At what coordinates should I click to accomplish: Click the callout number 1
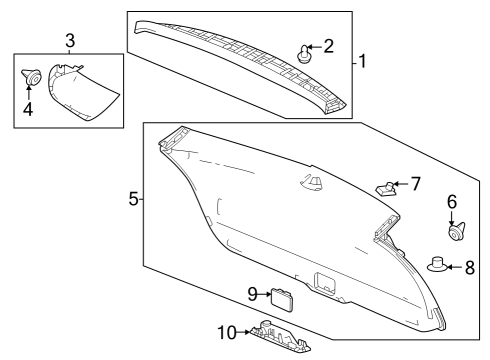[x=363, y=62]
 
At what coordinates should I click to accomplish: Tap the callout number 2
[x=328, y=46]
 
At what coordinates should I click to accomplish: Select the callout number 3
[x=70, y=40]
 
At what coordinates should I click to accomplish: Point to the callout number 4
[x=28, y=109]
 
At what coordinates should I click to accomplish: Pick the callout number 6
[x=451, y=202]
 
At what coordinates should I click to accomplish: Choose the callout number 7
[x=416, y=184]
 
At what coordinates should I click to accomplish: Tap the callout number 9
[x=254, y=293]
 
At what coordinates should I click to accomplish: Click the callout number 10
[x=225, y=330]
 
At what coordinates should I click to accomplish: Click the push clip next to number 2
[x=304, y=53]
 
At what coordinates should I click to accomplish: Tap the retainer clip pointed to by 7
[x=386, y=187]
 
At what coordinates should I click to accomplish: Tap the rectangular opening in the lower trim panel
[x=326, y=281]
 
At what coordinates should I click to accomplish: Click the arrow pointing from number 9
[x=267, y=293]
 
